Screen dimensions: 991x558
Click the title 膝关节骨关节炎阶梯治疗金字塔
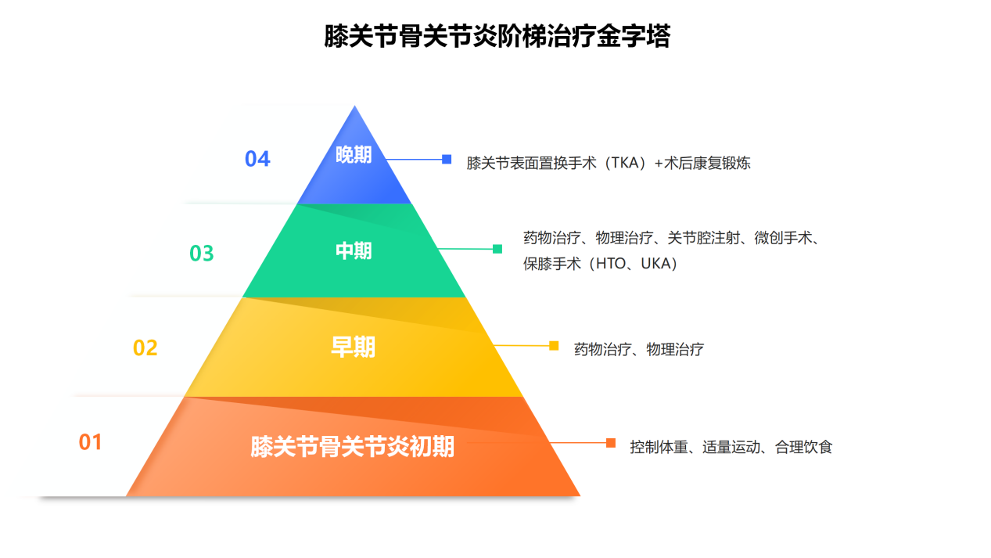(x=497, y=36)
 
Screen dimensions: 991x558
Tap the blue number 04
(x=257, y=159)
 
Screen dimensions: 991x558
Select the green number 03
(x=202, y=254)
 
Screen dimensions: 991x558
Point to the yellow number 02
(x=145, y=347)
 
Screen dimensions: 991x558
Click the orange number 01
(x=90, y=442)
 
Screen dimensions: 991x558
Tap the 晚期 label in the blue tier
(x=354, y=155)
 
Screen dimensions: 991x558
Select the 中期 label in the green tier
(x=354, y=251)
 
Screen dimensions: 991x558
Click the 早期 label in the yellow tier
(x=353, y=347)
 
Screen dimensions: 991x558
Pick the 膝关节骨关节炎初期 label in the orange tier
(x=352, y=447)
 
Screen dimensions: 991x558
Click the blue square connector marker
(x=447, y=160)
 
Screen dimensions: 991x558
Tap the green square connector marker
(x=497, y=249)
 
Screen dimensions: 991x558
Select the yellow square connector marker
(x=554, y=346)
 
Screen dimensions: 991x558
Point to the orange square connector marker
(x=611, y=443)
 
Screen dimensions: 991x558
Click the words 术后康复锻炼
(x=707, y=164)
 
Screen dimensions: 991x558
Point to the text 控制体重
(x=659, y=447)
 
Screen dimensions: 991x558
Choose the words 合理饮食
(x=804, y=447)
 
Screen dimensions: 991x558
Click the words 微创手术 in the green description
(x=783, y=238)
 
